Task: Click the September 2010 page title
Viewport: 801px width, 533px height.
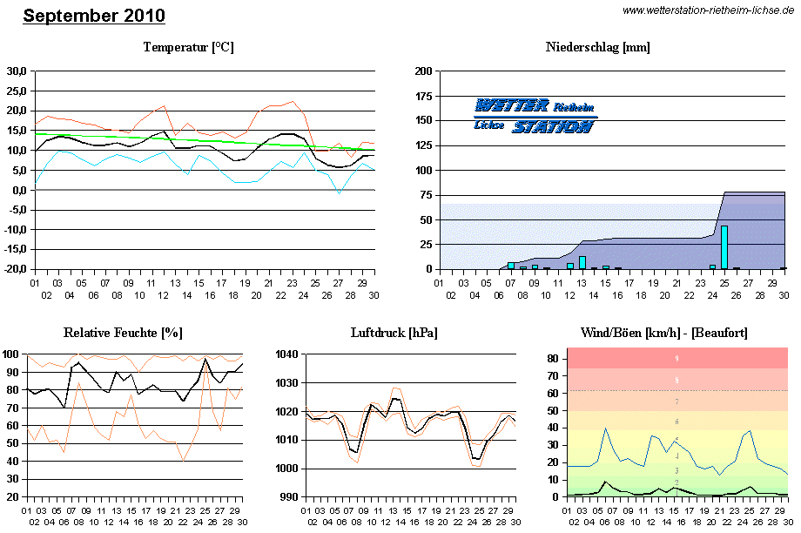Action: pos(93,16)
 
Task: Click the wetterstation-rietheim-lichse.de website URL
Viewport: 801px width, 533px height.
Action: pos(708,10)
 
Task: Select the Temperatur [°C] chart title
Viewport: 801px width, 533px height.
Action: pos(188,47)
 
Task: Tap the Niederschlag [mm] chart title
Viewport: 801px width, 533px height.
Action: pos(597,47)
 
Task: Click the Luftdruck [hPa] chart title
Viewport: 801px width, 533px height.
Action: pos(394,333)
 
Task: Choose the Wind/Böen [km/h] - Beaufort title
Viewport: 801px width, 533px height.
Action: pos(663,333)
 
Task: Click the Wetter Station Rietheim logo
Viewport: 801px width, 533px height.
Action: pos(535,116)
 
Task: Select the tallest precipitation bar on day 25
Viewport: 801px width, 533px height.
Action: pos(724,246)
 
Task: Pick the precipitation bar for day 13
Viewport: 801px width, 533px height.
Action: pos(582,262)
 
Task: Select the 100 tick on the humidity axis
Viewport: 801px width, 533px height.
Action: pos(13,354)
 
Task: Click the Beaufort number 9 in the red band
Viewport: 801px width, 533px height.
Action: pos(676,359)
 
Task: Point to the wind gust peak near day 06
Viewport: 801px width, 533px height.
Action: pos(606,428)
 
